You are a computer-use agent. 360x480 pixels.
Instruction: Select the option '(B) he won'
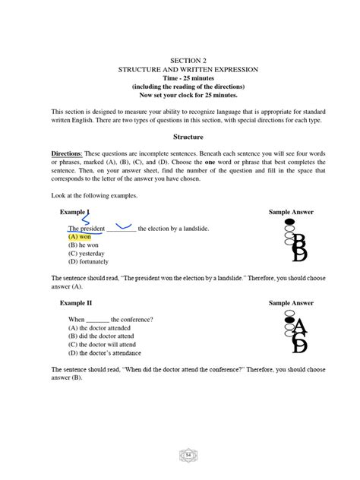click(85, 245)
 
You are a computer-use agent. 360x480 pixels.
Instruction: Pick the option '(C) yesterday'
click(90, 254)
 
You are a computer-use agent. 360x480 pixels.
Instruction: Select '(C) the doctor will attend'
click(108, 345)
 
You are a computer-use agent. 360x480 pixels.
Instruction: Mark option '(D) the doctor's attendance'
click(109, 353)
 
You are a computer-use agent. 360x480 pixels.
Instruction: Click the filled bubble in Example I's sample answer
click(289, 223)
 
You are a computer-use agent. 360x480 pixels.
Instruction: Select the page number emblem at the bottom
click(188, 455)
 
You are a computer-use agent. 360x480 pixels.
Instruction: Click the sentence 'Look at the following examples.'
click(94, 195)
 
